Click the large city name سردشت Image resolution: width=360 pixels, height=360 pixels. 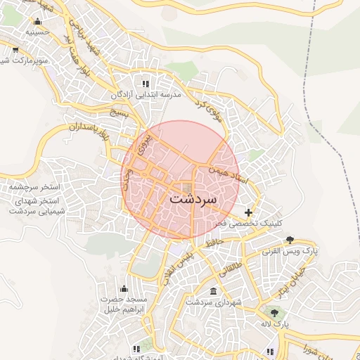coord(194,200)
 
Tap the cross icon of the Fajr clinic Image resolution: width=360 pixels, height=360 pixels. coord(248,212)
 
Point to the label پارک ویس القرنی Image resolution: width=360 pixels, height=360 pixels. coord(290,250)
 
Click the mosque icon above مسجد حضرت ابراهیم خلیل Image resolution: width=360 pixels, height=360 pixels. coord(124,288)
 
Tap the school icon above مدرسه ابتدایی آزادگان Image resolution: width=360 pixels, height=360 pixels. coord(146,83)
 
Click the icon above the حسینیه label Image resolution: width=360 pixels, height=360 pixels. coord(37,21)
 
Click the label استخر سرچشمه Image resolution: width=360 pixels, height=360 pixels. coord(37,188)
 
